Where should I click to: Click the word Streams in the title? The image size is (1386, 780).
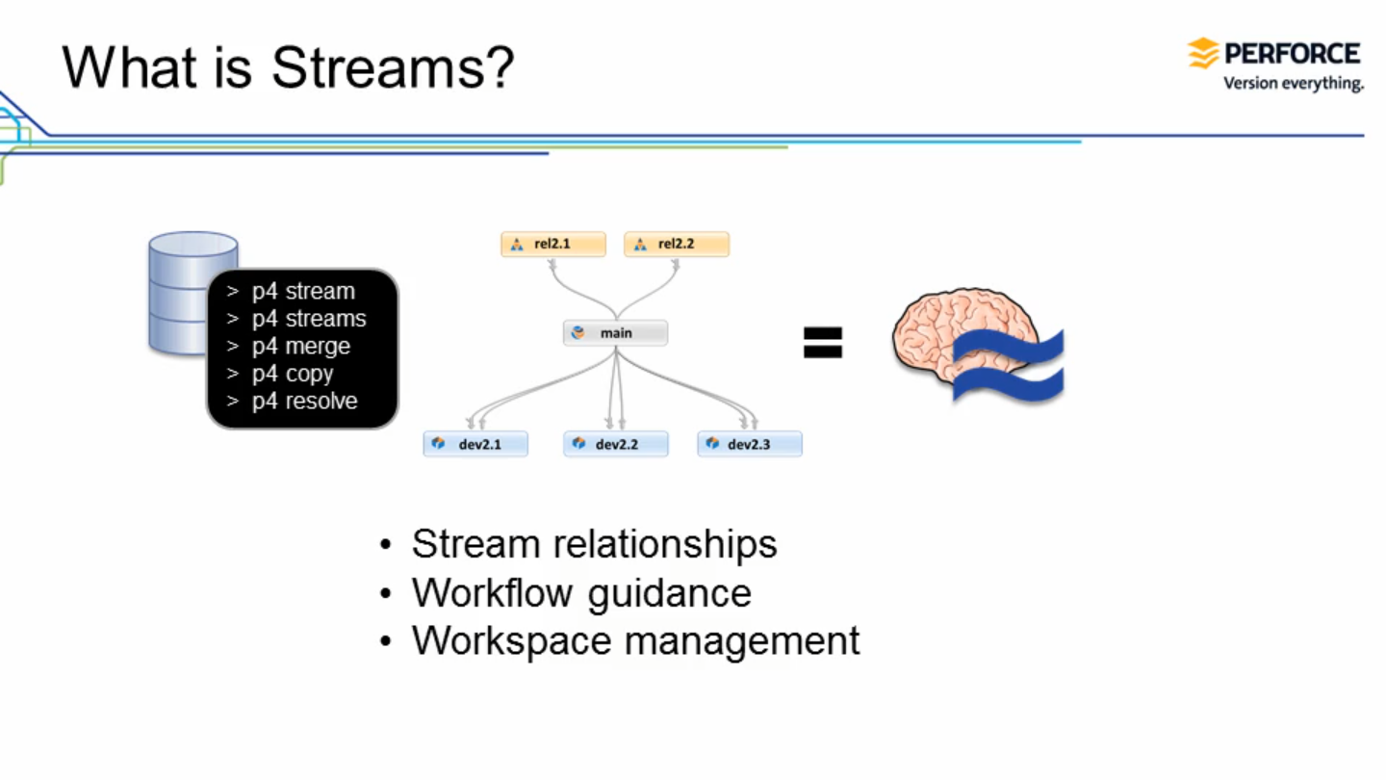[x=393, y=67]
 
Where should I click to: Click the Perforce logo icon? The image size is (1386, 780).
[x=1202, y=53]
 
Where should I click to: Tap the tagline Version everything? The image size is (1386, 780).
[x=1293, y=84]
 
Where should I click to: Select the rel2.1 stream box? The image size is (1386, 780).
[x=553, y=245]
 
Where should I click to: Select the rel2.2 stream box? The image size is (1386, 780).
[x=677, y=245]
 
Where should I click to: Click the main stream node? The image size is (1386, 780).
[x=615, y=333]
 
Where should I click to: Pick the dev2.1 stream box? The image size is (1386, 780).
[x=475, y=444]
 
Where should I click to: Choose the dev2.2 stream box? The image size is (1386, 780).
[x=616, y=444]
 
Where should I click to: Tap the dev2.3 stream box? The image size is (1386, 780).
[x=749, y=444]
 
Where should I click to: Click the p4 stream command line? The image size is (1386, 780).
[x=302, y=291]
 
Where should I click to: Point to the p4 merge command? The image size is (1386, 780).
[x=300, y=346]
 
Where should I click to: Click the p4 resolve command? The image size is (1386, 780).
[x=304, y=401]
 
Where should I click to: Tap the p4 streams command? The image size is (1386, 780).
[x=308, y=319]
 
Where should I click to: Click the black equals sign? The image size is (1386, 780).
[x=823, y=342]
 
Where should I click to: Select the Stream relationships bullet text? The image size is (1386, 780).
[x=594, y=544]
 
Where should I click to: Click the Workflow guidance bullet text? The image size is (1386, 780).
[x=581, y=592]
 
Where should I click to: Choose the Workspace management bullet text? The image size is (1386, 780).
[x=635, y=640]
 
